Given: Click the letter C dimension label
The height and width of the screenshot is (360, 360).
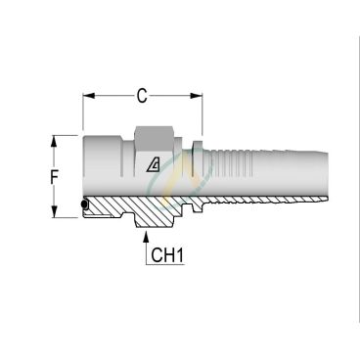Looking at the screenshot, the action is click(142, 96).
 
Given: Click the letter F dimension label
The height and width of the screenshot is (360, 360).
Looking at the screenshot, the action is click(54, 178).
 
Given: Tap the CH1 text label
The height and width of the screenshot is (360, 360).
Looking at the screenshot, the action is click(167, 255).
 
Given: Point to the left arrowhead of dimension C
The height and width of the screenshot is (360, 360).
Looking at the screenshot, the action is click(89, 96).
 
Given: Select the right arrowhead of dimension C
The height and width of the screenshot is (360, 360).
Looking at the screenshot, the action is click(197, 96).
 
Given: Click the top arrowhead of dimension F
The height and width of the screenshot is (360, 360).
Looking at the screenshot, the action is click(54, 142).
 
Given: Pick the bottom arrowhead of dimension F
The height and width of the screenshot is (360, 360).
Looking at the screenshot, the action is click(54, 211).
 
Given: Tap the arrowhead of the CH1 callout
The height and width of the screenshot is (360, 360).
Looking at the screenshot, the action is click(146, 237).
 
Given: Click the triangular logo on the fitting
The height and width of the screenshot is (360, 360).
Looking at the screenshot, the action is click(154, 164).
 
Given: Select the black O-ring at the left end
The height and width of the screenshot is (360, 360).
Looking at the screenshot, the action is click(84, 204).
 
